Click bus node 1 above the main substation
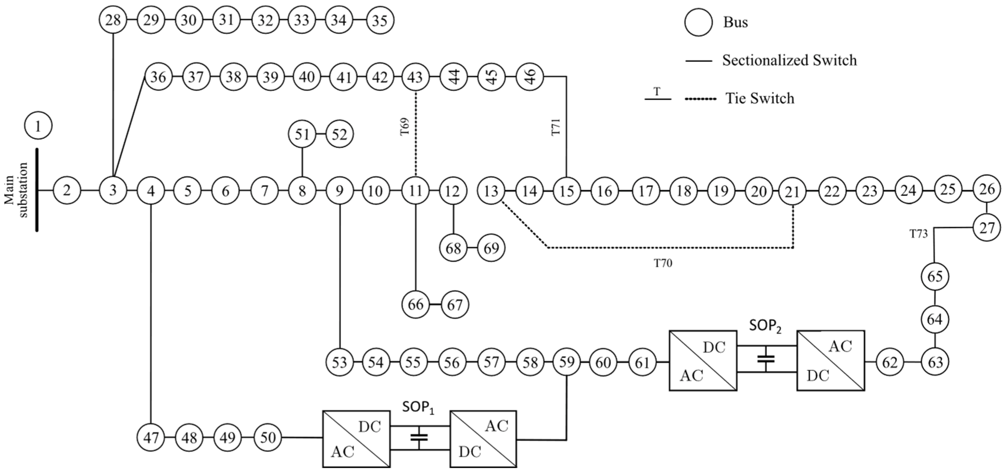[x=38, y=126]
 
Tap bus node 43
[x=415, y=77]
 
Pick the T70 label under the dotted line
[x=663, y=264]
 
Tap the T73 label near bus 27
[x=918, y=234]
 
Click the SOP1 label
[x=418, y=409]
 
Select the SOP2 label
[x=765, y=327]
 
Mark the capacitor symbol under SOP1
[x=419, y=437]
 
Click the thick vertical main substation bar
[x=38, y=190]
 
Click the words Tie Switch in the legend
[x=760, y=98]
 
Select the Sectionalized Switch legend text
[x=789, y=61]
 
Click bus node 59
[x=566, y=362]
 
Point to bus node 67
[x=455, y=305]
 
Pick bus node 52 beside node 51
[x=339, y=135]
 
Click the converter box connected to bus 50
[x=356, y=438]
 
